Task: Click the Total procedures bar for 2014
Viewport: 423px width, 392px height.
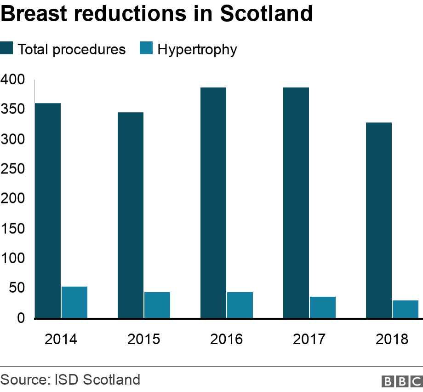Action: (x=48, y=210)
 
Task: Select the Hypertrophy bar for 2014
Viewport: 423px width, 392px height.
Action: (x=74, y=302)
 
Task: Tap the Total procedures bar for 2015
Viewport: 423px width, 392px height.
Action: (x=131, y=215)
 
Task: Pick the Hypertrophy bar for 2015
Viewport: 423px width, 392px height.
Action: (x=157, y=305)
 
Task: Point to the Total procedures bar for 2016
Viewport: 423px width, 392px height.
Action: (x=213, y=202)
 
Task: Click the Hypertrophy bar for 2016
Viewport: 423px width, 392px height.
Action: (x=240, y=305)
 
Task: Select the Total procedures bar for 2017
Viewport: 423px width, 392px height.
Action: (x=296, y=202)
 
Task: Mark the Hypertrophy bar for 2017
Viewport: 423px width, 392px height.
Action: (x=323, y=307)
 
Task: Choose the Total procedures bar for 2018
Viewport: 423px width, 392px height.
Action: (x=379, y=220)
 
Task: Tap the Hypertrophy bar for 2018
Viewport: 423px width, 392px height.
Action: (x=406, y=309)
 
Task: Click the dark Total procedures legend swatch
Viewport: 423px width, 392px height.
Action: (x=7, y=49)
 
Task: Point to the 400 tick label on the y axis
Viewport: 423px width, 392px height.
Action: (x=12, y=80)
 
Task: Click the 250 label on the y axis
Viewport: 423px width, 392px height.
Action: (x=12, y=169)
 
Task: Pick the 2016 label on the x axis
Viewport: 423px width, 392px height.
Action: (x=226, y=340)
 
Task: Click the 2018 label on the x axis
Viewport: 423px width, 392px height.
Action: (x=392, y=340)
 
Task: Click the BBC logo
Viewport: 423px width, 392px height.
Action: (x=401, y=381)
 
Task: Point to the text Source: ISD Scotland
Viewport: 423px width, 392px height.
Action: (x=70, y=380)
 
